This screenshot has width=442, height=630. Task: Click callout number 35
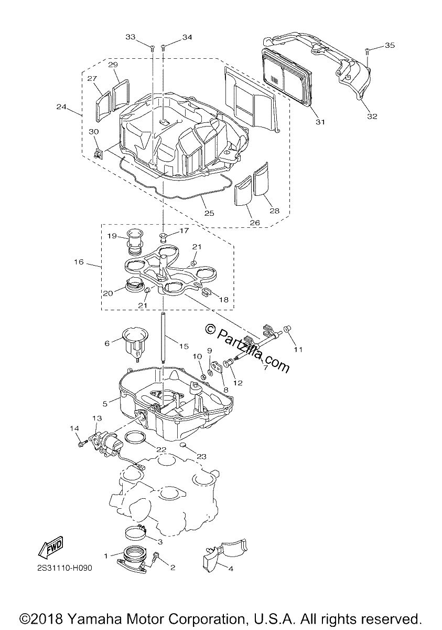pyautogui.click(x=390, y=45)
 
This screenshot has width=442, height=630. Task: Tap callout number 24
pyautogui.click(x=61, y=107)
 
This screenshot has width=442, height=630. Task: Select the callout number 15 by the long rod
pyautogui.click(x=184, y=346)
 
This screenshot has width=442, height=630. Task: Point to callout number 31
pyautogui.click(x=320, y=122)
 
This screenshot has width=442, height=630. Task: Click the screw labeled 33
pyautogui.click(x=153, y=48)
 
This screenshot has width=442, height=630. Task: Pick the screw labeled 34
pyautogui.click(x=163, y=48)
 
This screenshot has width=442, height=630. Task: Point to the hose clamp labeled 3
pyautogui.click(x=135, y=531)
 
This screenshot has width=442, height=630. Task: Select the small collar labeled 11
pyautogui.click(x=287, y=329)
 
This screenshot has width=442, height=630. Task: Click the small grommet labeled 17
pyautogui.click(x=163, y=237)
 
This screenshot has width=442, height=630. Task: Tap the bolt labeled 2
pyautogui.click(x=156, y=556)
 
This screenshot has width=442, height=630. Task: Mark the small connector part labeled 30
pyautogui.click(x=98, y=153)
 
